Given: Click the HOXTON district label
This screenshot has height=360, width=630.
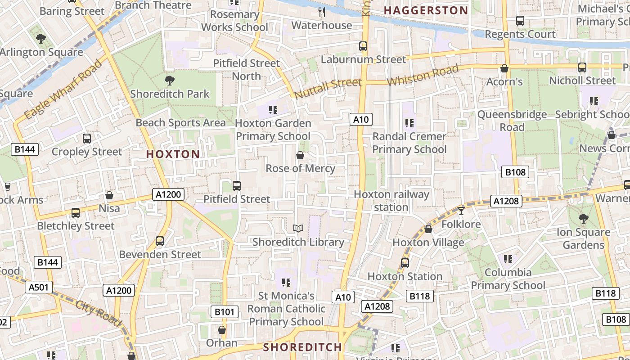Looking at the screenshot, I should (x=173, y=154).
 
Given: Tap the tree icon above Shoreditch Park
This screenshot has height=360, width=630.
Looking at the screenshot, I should (x=170, y=81).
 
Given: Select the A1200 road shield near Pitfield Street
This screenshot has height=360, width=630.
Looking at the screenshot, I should (x=169, y=194).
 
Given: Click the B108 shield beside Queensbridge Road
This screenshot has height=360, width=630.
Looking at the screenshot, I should (x=515, y=172).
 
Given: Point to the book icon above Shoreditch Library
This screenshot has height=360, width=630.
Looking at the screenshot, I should (x=298, y=229).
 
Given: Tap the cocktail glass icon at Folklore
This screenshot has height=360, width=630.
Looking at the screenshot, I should (x=461, y=211).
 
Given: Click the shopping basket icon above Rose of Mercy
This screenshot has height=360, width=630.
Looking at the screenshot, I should (x=300, y=155).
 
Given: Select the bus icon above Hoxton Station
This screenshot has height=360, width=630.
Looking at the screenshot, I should (x=405, y=263).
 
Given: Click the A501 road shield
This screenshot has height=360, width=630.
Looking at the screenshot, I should (x=40, y=287).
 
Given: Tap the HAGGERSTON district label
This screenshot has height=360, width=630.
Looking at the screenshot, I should (x=426, y=10).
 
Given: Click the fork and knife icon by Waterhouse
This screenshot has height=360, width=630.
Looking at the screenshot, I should (x=322, y=12).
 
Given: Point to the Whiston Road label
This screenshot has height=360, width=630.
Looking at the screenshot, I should (x=423, y=76).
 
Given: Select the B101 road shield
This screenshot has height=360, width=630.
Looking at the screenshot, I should (x=224, y=311).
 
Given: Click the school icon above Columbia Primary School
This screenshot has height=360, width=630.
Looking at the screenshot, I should (x=508, y=259).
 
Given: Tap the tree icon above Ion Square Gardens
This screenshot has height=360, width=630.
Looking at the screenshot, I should (x=583, y=219).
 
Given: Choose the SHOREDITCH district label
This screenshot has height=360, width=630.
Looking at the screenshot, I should (x=302, y=347).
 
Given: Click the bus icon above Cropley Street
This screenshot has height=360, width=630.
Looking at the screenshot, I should (x=87, y=139).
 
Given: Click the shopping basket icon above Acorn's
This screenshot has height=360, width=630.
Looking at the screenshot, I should (x=504, y=68).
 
